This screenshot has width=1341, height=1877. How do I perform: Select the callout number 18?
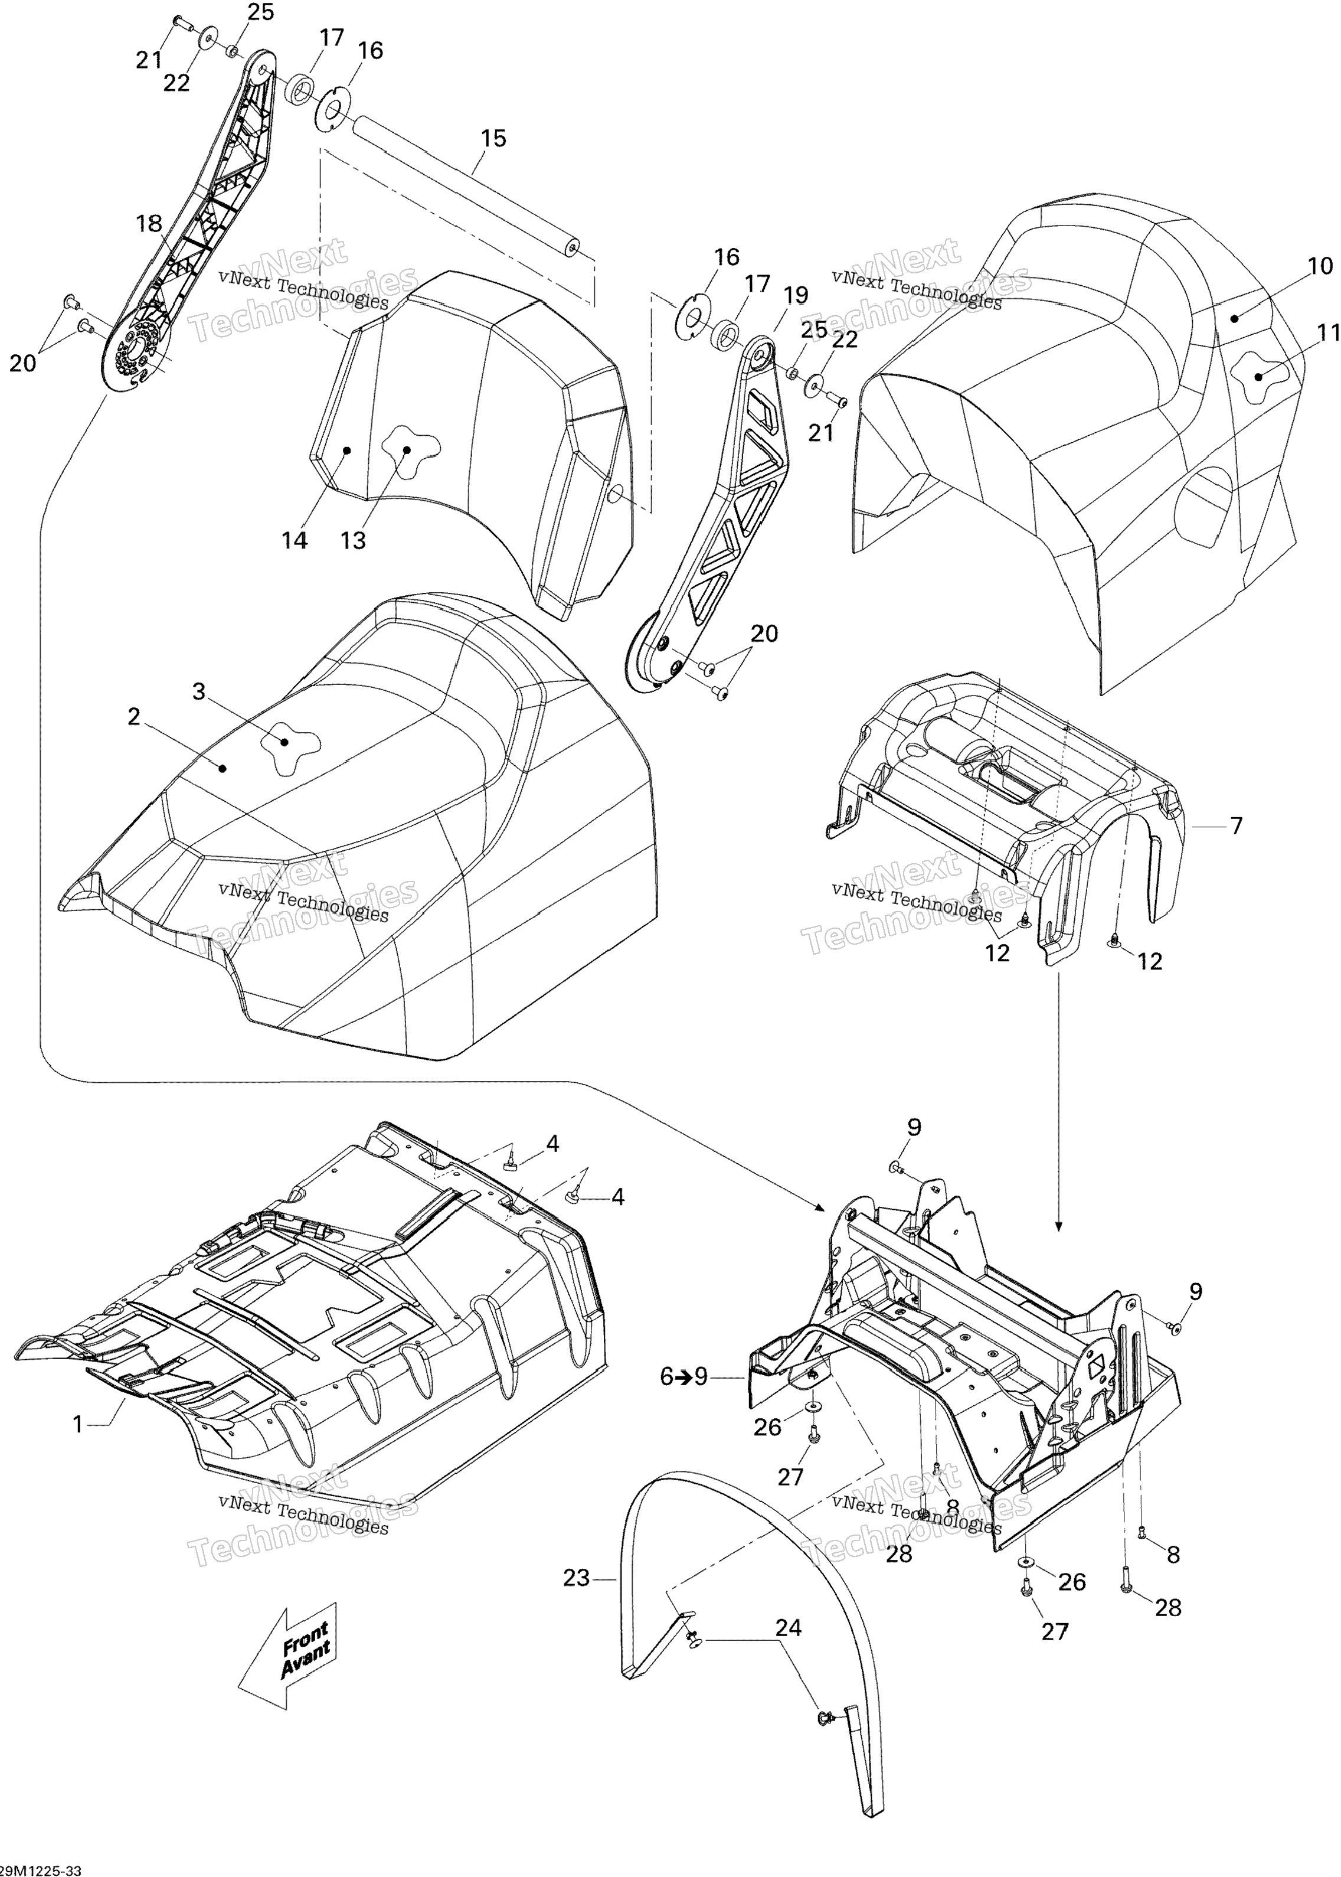[x=149, y=224]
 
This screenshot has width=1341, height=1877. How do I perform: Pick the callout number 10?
[x=1320, y=266]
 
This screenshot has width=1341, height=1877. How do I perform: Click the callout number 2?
[x=134, y=717]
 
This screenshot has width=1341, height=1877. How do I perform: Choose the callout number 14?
[x=295, y=541]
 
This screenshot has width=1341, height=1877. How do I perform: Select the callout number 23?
[x=577, y=1578]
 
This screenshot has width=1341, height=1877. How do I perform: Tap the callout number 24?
[x=789, y=1628]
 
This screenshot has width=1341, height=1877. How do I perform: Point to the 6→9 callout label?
[x=685, y=1376]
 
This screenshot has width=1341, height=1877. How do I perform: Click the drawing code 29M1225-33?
[x=41, y=1865]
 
